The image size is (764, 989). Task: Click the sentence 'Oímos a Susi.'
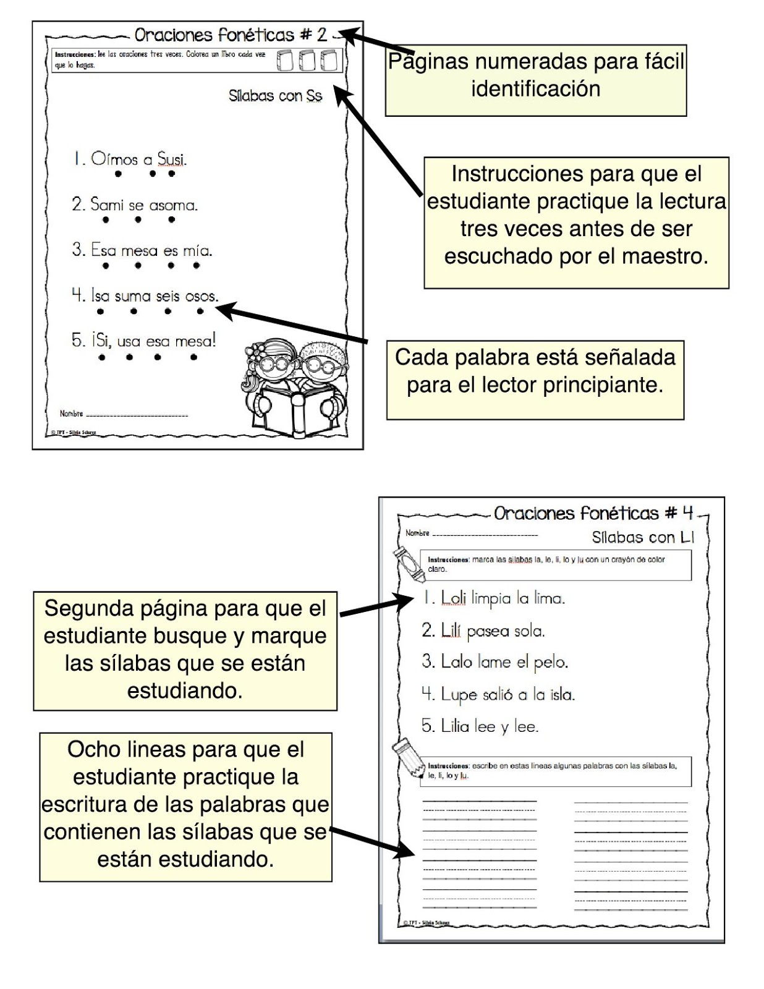pos(138,159)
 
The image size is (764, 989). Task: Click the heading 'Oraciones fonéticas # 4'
pos(593,513)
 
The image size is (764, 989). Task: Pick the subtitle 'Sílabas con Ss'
pos(275,96)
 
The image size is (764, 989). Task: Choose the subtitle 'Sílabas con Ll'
pos(643,537)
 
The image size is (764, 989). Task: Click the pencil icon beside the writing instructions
pos(407,757)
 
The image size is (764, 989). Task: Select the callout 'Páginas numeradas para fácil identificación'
pos(536,75)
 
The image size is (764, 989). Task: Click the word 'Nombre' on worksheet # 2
pos(72,413)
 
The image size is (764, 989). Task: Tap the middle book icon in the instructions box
pos(307,61)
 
